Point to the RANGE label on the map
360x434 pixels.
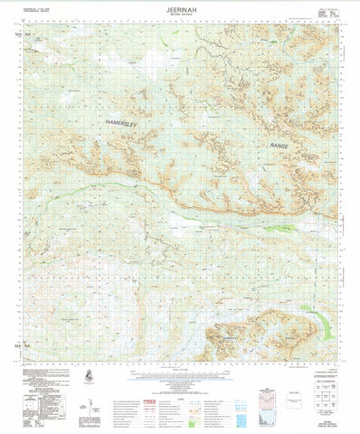283,145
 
